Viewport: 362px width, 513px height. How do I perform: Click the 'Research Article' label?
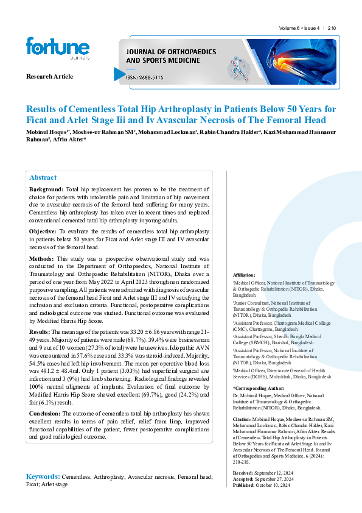(x=49, y=76)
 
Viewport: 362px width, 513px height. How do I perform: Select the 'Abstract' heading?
(x=43, y=177)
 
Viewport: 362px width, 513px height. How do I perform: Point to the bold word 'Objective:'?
(x=43, y=232)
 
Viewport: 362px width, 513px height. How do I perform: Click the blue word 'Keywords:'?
(x=43, y=476)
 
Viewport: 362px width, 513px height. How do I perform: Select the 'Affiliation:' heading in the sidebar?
(x=244, y=275)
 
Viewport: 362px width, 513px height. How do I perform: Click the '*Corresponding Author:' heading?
(x=259, y=387)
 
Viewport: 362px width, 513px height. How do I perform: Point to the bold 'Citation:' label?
(x=243, y=420)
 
